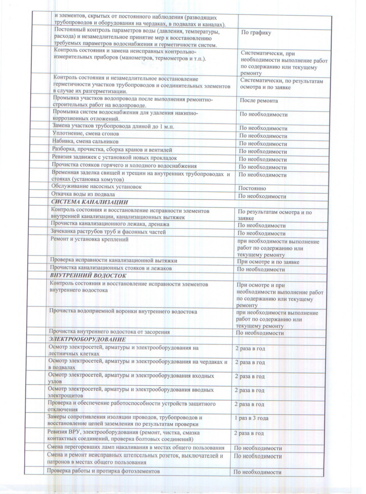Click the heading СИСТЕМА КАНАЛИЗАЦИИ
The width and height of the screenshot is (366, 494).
pyautogui.click(x=89, y=202)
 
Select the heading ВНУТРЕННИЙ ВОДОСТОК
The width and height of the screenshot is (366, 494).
pyautogui.click(x=88, y=276)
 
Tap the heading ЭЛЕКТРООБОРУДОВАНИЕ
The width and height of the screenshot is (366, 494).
pyautogui.click(x=87, y=339)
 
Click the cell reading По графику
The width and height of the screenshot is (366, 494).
pyautogui.click(x=256, y=32)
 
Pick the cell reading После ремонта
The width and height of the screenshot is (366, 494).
pyautogui.click(x=259, y=101)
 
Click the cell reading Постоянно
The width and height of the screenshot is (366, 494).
pyautogui.click(x=252, y=189)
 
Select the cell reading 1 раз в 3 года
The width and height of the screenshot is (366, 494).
pyautogui.click(x=251, y=418)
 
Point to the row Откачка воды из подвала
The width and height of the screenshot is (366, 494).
pyautogui.click(x=83, y=194)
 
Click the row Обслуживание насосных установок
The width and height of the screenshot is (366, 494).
pyautogui.click(x=96, y=187)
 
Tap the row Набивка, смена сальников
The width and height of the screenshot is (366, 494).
pyautogui.click(x=85, y=141)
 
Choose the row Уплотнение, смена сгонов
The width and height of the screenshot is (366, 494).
pyautogui.click(x=86, y=134)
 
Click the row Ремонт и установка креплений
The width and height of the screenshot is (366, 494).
pyautogui.click(x=89, y=239)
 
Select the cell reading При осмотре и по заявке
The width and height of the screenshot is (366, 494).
pyautogui.click(x=268, y=262)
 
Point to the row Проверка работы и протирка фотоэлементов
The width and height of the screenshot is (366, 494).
pyautogui.click(x=103, y=471)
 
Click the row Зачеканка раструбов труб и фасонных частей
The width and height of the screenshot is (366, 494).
pyautogui.click(x=108, y=232)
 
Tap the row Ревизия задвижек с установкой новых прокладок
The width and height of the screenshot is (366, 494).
pyautogui.click(x=114, y=158)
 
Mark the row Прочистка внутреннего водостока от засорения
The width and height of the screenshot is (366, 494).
pyautogui.click(x=109, y=332)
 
